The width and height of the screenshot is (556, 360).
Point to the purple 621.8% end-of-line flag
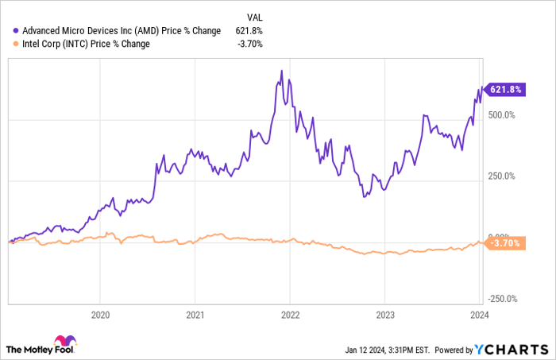503,90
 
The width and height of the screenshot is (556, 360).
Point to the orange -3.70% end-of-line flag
504,242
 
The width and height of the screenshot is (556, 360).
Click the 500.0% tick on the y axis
502,115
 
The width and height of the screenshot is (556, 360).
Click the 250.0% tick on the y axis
502,176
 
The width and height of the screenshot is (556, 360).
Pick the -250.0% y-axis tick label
502,299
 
